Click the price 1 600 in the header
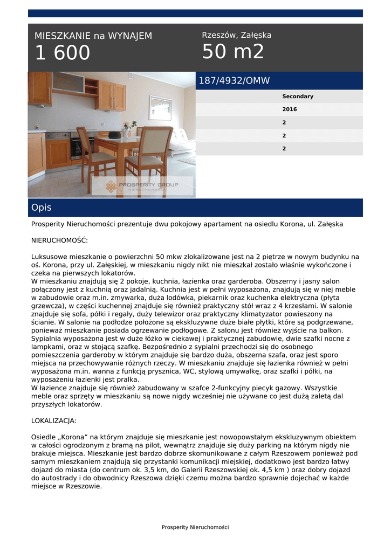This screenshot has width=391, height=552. pos(63,53)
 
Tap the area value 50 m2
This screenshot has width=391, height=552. pos(233,52)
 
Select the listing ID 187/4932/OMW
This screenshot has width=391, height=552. pos(234,81)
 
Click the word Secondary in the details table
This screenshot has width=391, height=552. pos(298,96)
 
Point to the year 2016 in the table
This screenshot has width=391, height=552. pos(290,109)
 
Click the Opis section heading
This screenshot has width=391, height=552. pos(42,208)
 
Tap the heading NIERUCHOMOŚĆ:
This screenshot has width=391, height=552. pos(59,240)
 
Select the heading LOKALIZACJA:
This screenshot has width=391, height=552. pos(54,420)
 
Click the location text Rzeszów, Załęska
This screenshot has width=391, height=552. pos(236,36)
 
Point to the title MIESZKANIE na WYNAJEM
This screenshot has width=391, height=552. pos(93,36)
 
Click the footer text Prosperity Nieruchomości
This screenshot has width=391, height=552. pos(195,527)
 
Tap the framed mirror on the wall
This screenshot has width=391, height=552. pos(160,108)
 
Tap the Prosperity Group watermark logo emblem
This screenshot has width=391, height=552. pos(111,187)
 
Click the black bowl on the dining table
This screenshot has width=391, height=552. pos(114,134)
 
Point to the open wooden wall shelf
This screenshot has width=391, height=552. pos(91,86)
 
